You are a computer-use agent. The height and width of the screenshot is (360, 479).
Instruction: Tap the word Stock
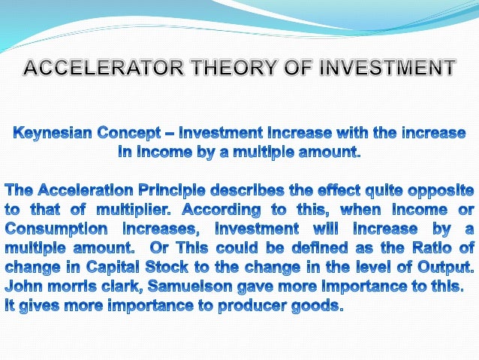click(171, 267)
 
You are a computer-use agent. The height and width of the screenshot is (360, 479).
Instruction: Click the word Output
click(445, 267)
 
